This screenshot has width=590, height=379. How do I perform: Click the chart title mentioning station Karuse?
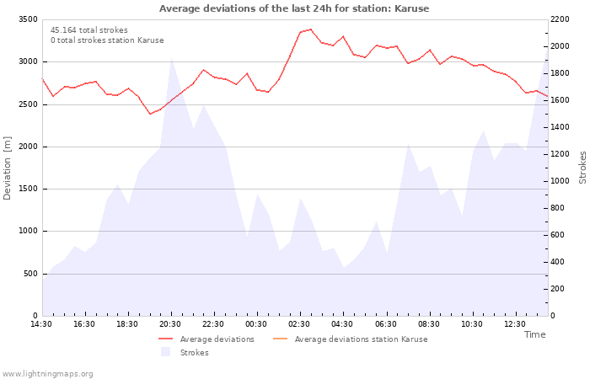[x=294, y=8]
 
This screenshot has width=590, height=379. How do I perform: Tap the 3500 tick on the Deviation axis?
[x=28, y=19]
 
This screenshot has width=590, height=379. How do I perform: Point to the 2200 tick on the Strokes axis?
[x=560, y=19]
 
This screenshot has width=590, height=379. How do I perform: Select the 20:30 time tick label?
[x=170, y=324]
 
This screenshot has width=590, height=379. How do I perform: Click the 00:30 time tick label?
[x=256, y=324]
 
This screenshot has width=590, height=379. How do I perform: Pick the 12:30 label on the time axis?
[x=514, y=324]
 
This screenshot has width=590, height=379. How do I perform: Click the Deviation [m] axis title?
[x=7, y=168]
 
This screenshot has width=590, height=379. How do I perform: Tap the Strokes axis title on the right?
[x=582, y=168]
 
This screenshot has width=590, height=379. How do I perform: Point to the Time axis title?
[x=534, y=334]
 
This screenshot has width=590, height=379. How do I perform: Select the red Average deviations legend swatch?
[x=165, y=339]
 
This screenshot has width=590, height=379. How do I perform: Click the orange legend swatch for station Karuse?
[x=280, y=339]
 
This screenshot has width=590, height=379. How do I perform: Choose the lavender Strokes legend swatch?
[x=165, y=352]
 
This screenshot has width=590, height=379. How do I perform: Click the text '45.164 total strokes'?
[x=89, y=30]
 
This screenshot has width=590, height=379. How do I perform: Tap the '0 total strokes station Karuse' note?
[x=107, y=40]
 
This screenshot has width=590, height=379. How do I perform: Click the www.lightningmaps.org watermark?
[x=46, y=374]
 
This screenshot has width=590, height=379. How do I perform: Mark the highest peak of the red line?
[x=311, y=29]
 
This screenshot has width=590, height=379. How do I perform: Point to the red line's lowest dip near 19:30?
[x=150, y=114]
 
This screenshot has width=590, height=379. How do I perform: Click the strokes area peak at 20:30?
[x=172, y=58]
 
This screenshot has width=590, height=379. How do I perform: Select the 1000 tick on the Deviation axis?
[x=28, y=231]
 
